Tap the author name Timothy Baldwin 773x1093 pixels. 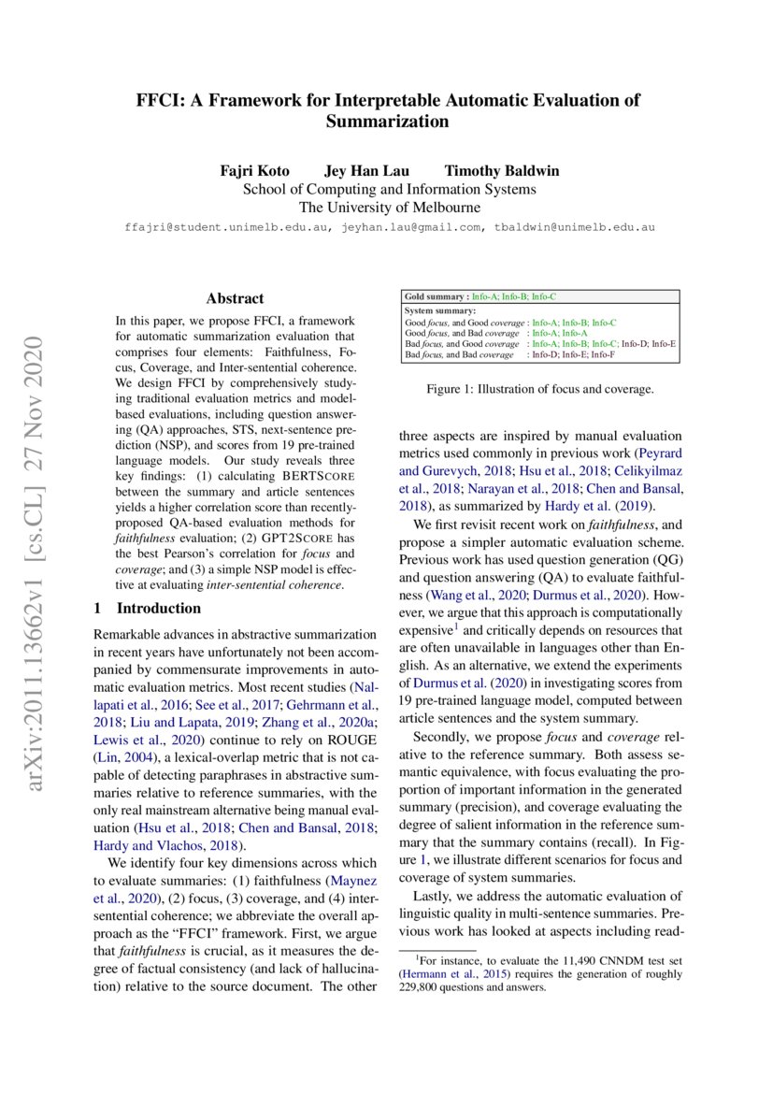(502, 171)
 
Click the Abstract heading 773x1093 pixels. (235, 298)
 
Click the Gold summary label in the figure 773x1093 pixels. (436, 296)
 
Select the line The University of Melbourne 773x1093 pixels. (389, 208)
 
